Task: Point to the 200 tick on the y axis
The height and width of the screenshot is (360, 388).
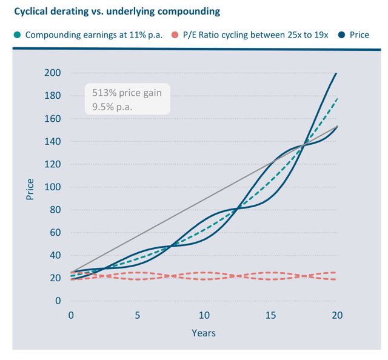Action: pos(53,73)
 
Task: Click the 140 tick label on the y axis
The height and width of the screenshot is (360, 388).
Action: pos(53,142)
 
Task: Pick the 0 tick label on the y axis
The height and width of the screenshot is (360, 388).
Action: pos(58,301)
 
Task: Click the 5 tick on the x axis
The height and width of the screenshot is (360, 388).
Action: pos(138,316)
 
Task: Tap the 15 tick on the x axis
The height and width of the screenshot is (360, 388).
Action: pos(270,316)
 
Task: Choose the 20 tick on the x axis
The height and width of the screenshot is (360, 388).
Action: pos(337,316)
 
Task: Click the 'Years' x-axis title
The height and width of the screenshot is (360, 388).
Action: pos(204,333)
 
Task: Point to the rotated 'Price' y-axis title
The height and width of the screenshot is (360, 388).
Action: pos(30,188)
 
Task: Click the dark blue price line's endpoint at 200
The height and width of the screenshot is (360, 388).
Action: pos(337,73)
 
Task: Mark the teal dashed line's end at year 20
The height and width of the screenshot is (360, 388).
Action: pos(337,98)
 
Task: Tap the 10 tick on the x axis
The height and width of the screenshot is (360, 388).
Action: pos(204,316)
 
